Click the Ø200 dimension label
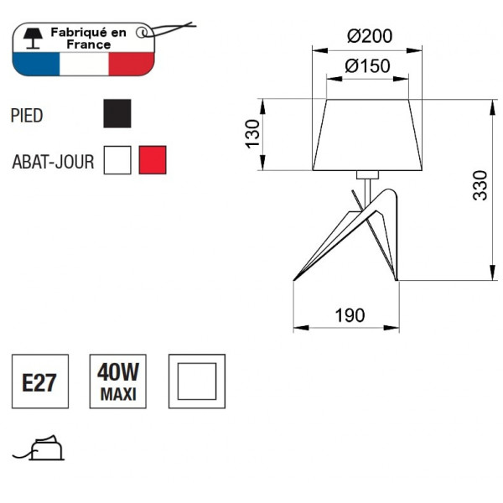click(370, 36)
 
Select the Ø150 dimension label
click(368, 66)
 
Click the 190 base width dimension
click(350, 315)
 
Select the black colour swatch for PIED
click(117, 113)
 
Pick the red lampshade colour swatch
click(153, 159)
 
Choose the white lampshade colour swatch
click(117, 159)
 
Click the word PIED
click(27, 116)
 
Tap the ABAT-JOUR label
click(52, 161)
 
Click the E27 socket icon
click(39, 382)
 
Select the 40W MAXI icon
click(118, 382)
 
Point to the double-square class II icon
click(196, 382)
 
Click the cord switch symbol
click(42, 449)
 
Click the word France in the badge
click(90, 44)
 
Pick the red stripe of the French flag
click(133, 64)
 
